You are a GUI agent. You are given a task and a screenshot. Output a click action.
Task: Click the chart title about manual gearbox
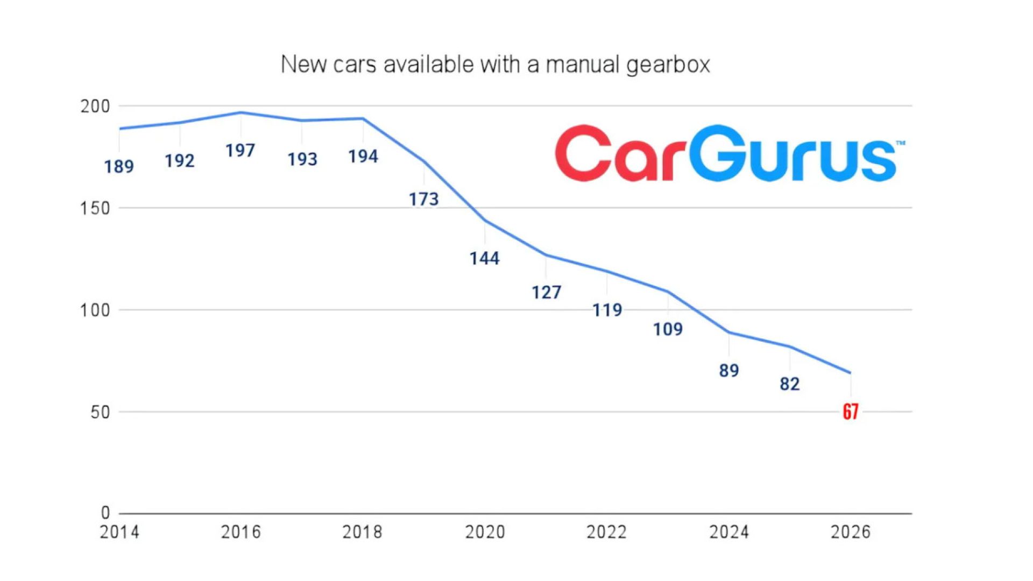(495, 65)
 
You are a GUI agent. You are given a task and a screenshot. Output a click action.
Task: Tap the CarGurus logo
(728, 153)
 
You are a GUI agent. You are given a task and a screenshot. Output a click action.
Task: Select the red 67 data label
(850, 412)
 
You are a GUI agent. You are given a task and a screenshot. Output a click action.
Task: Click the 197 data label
(240, 151)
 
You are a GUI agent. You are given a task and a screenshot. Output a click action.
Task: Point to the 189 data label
(119, 167)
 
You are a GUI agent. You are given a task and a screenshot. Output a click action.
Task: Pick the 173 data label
(424, 200)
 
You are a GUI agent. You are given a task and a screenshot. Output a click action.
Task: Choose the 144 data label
(484, 259)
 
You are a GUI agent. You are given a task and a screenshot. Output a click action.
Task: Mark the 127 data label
(546, 293)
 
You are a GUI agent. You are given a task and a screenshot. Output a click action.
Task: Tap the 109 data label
(668, 329)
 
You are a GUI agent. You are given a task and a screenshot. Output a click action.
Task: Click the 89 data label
(729, 371)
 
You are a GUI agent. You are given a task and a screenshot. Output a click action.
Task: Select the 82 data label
(789, 384)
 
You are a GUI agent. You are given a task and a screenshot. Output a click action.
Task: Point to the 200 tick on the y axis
(95, 107)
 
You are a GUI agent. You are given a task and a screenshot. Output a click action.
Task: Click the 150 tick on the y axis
(95, 208)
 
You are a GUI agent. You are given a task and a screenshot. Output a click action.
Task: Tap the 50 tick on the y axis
(100, 413)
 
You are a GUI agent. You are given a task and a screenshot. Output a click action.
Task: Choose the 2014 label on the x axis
(119, 532)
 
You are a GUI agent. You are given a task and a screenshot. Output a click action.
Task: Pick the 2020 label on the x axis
(485, 532)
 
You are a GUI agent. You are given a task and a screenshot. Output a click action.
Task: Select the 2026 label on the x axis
(850, 532)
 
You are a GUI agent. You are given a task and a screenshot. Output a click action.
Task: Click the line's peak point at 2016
(241, 112)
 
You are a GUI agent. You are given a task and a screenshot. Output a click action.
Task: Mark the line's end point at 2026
(850, 372)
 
